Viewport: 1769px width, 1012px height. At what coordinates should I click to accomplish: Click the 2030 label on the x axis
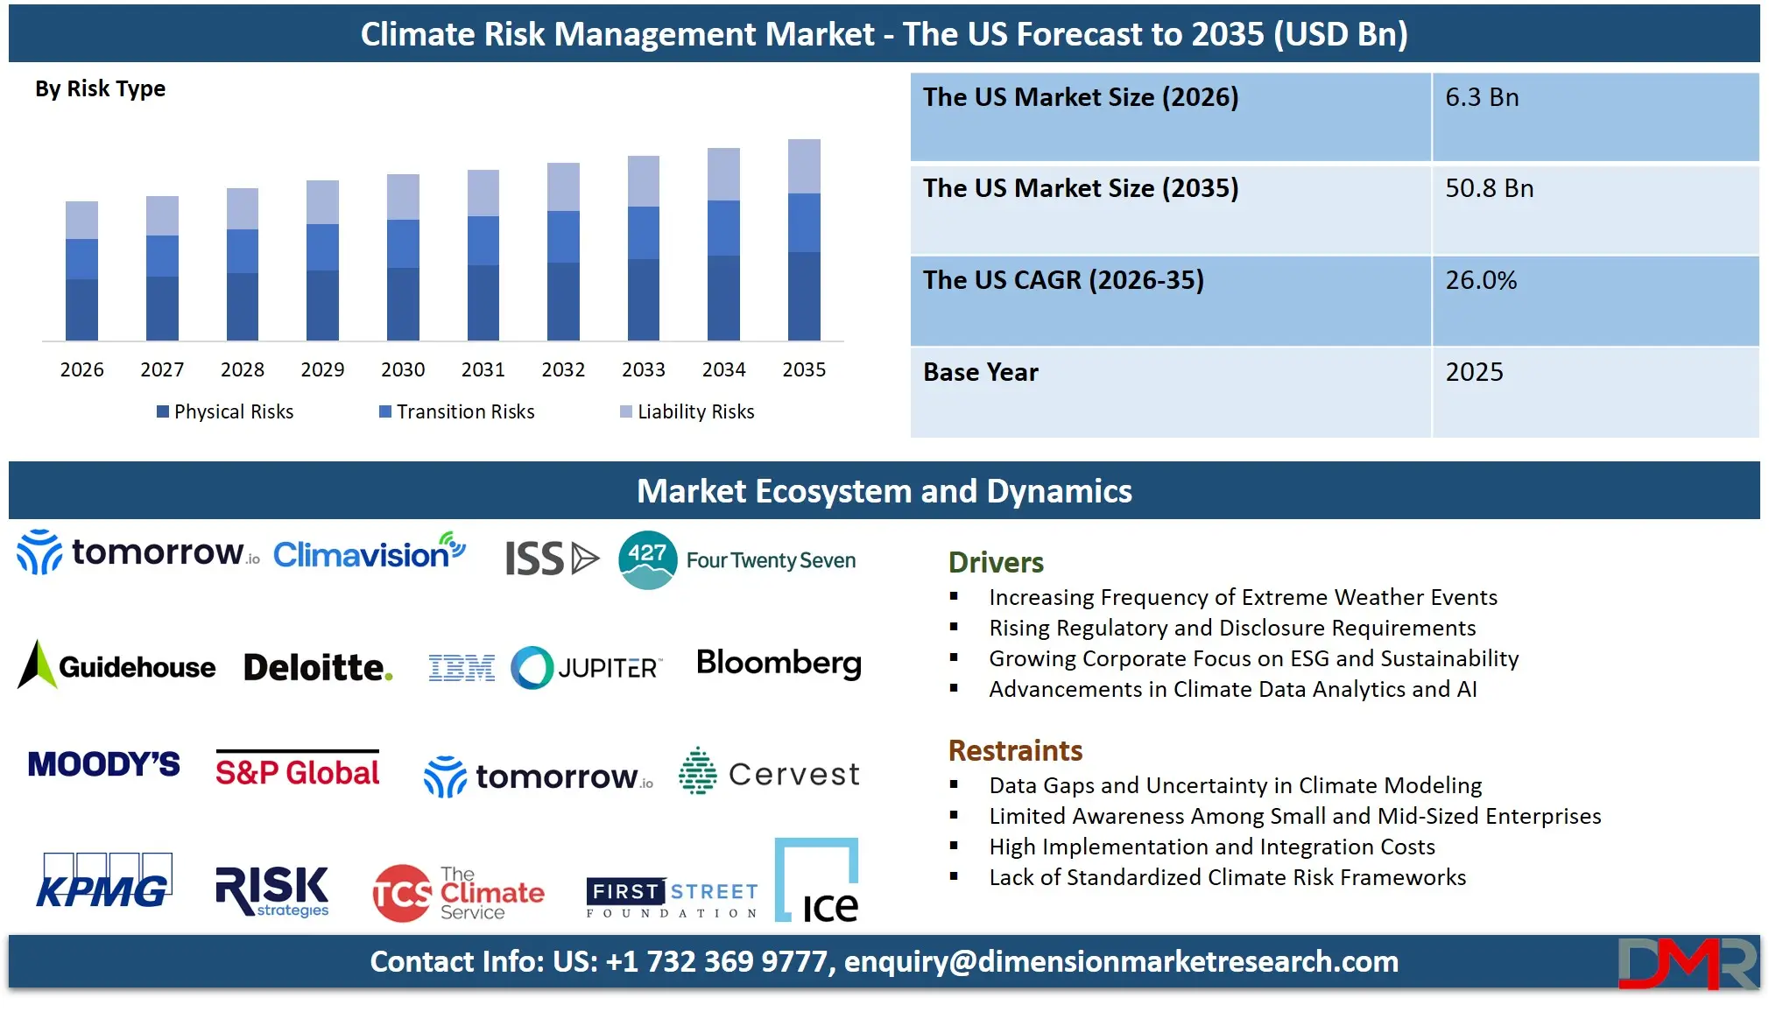[x=403, y=369]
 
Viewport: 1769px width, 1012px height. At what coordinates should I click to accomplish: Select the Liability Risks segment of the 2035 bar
[x=804, y=166]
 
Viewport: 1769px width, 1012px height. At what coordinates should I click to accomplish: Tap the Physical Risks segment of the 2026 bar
[x=81, y=309]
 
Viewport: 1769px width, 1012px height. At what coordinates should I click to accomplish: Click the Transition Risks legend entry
[x=456, y=411]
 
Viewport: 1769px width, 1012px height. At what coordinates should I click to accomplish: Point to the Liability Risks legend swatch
[x=625, y=411]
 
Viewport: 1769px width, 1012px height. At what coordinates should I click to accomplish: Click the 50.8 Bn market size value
[x=1489, y=188]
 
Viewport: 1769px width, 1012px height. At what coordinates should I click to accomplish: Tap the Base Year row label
[x=980, y=372]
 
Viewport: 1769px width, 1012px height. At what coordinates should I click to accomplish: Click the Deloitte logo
[x=318, y=668]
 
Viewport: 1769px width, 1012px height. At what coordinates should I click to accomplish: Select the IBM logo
[x=462, y=669]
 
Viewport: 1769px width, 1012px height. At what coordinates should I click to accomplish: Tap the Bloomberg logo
[x=779, y=664]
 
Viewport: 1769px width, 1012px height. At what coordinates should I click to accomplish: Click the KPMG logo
[x=104, y=882]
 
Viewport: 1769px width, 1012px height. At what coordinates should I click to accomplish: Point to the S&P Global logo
[x=298, y=770]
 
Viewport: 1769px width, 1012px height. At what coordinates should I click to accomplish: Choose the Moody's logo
[x=104, y=764]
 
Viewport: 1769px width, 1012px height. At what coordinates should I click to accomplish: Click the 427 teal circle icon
[x=647, y=559]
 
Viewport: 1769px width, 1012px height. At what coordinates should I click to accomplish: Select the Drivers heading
[x=996, y=562]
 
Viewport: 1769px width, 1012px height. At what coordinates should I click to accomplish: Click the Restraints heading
[x=1015, y=750]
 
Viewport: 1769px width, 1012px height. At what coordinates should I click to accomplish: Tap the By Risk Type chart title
[x=100, y=88]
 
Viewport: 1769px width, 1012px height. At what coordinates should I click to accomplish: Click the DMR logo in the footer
[x=1687, y=963]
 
